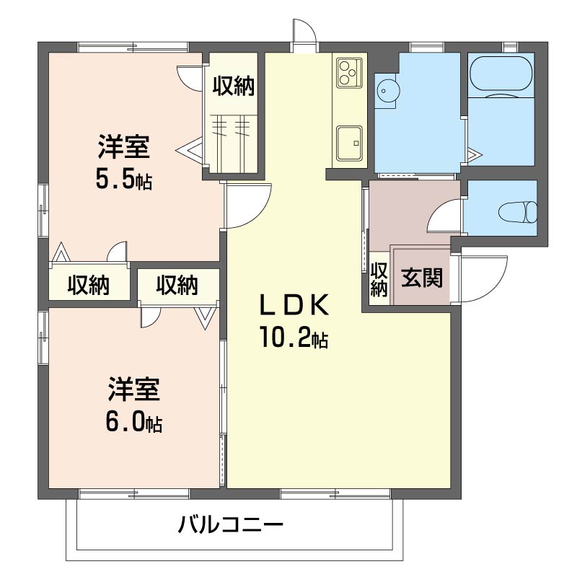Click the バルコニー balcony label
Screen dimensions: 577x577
pos(231,524)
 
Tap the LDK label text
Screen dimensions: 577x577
pos(294,305)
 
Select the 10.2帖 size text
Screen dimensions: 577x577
pos(294,337)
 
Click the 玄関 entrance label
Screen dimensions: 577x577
pos(422,277)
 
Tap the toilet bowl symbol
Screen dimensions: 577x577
pos(518,212)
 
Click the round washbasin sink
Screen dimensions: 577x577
pos(386,91)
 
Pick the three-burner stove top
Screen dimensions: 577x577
pos(349,73)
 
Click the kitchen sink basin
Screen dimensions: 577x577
pos(350,144)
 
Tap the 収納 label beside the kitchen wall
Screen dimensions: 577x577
pos(234,86)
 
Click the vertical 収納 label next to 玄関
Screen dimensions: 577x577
pos(379,279)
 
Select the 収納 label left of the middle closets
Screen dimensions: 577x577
pos(88,285)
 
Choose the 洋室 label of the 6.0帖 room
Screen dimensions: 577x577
pos(134,389)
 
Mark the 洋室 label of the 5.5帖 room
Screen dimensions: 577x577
pos(123,147)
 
